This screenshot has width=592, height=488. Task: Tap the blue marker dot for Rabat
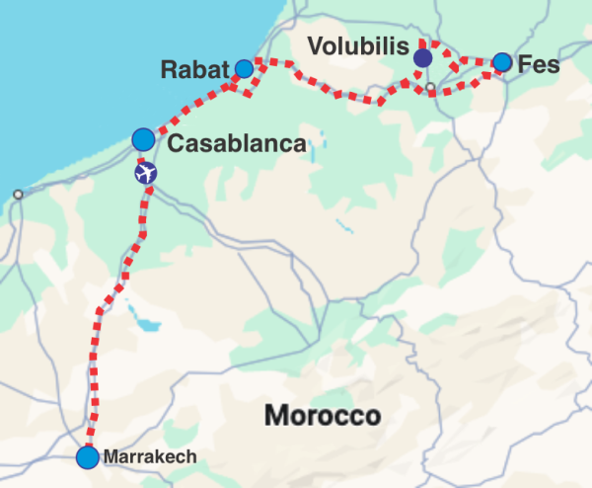[x=244, y=68]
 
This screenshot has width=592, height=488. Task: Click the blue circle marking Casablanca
[x=143, y=138]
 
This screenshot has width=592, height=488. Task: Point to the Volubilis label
[x=357, y=45]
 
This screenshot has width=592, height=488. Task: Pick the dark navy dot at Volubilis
[x=423, y=59]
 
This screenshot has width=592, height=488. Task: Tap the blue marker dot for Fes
[x=502, y=62]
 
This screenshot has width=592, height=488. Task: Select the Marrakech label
[x=150, y=457]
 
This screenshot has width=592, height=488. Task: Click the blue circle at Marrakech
[x=88, y=457]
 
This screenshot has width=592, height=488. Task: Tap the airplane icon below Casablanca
[x=146, y=174]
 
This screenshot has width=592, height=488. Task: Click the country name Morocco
[x=322, y=416]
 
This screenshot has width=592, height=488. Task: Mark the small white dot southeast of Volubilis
[x=430, y=89]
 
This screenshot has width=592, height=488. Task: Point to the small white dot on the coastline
[x=17, y=195]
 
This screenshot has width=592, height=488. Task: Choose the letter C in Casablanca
[x=178, y=144]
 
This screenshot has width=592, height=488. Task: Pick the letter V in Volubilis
[x=315, y=45]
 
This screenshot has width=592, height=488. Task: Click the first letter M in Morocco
[x=274, y=416]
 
